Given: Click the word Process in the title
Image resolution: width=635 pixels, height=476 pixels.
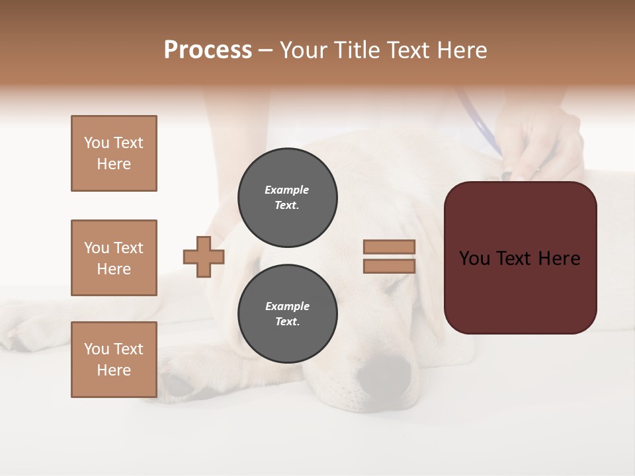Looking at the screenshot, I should (x=208, y=50).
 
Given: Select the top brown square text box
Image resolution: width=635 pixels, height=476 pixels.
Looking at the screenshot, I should (x=114, y=153).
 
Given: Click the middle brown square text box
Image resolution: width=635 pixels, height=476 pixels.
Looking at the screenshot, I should (x=114, y=258).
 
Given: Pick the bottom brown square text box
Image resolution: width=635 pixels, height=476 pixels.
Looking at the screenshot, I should (x=114, y=360).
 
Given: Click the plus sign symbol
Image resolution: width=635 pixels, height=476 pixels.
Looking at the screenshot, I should (x=204, y=257).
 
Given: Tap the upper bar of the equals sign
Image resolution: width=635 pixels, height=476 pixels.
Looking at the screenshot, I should (x=389, y=247).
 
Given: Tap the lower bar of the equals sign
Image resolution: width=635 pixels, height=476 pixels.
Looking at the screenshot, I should (x=389, y=266).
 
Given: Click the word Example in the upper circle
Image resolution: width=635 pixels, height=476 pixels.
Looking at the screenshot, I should (x=287, y=190).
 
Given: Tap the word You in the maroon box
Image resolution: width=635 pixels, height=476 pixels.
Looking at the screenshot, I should (x=475, y=258).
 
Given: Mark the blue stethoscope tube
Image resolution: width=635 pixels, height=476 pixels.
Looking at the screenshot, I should (x=480, y=122).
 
